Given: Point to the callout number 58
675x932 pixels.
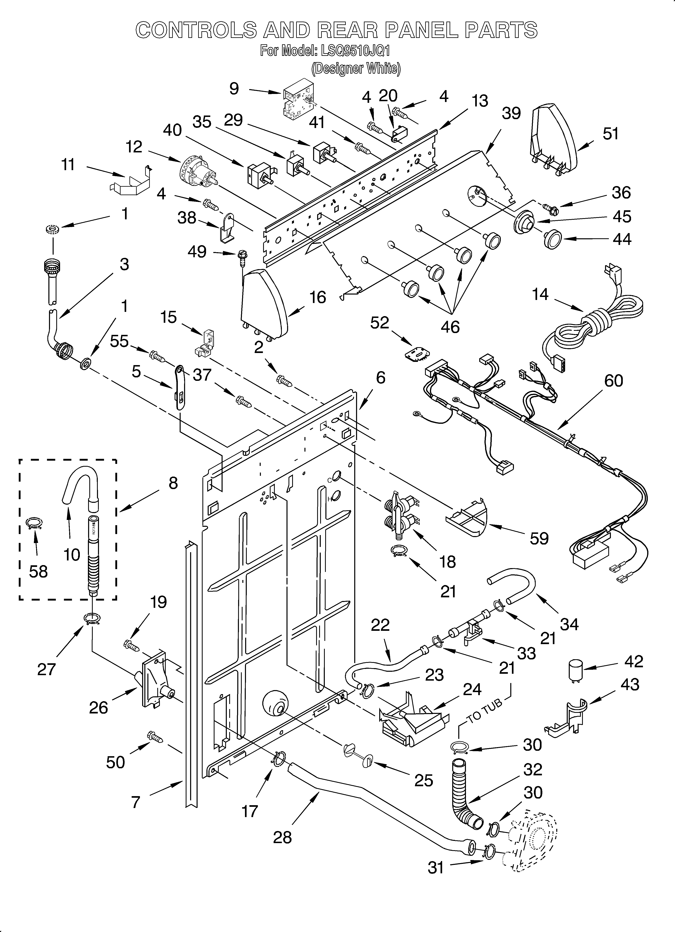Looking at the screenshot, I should (38, 571).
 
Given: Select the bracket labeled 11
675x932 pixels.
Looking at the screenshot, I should (129, 181).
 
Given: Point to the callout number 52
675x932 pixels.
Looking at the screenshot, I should (379, 323).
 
